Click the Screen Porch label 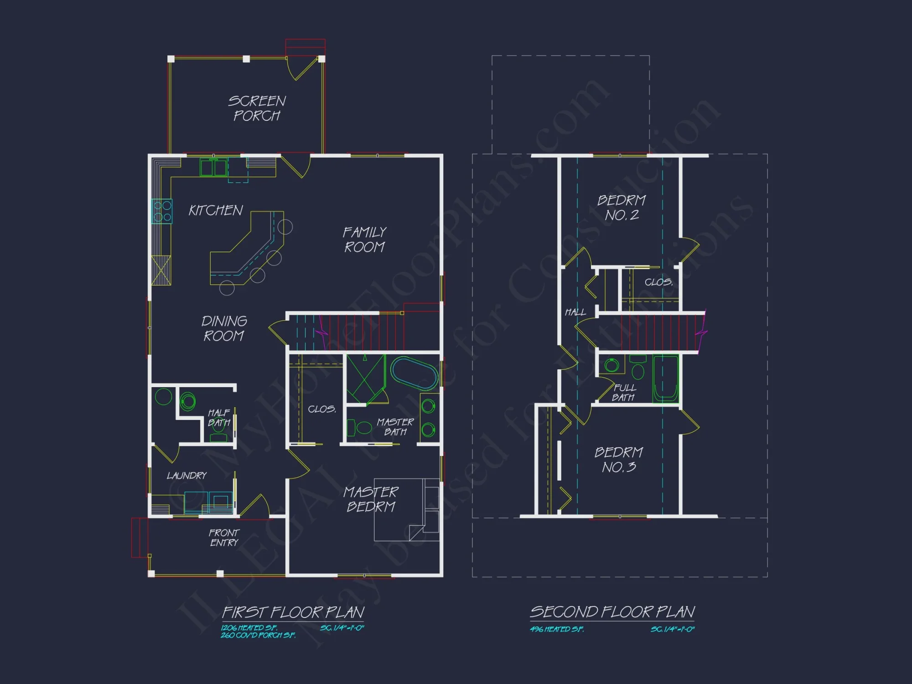(257, 108)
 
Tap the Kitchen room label (216, 210)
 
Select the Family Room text (364, 239)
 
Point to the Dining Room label (224, 328)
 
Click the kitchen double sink (213, 167)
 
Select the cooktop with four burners (162, 211)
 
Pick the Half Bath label (219, 418)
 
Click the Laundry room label (187, 476)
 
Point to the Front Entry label (224, 538)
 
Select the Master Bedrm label (371, 499)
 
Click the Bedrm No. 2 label (622, 207)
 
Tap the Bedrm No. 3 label (619, 460)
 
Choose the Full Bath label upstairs (624, 393)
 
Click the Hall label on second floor (575, 312)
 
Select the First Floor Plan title (293, 612)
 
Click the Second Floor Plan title (612, 611)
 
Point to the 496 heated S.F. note (557, 629)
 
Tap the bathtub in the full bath (665, 378)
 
